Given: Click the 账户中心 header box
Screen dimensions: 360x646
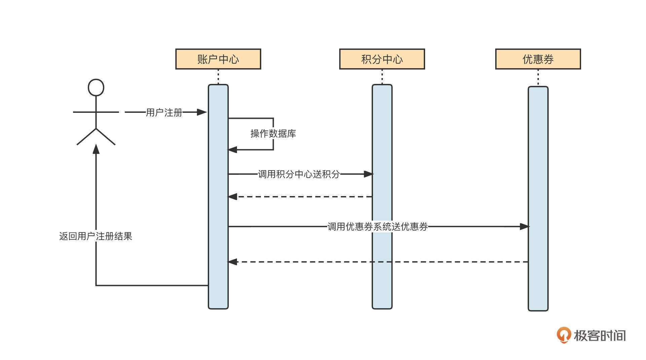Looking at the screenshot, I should click(x=218, y=59).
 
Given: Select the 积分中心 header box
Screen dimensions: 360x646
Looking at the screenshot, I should click(x=382, y=59).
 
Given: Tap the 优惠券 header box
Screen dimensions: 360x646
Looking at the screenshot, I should click(x=538, y=59).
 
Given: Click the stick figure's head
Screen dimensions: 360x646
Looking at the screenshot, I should click(x=96, y=87).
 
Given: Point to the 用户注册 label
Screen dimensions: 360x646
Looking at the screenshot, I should click(x=164, y=112).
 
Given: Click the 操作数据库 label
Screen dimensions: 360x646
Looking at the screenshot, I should click(x=273, y=134).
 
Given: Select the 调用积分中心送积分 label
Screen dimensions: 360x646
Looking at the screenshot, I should click(x=299, y=174).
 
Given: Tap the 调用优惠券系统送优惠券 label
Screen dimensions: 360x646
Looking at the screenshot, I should click(x=378, y=227).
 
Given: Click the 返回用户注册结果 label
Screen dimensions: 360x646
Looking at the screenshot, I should click(x=96, y=236).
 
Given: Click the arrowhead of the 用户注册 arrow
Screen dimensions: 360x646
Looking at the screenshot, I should click(x=202, y=112).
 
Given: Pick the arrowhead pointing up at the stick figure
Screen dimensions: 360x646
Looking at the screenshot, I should click(x=96, y=149).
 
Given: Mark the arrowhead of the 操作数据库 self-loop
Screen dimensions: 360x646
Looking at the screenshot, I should click(x=232, y=150).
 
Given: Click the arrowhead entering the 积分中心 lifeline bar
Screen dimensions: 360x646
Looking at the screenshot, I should click(x=368, y=174).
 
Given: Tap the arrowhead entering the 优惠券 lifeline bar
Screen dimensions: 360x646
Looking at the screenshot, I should click(x=524, y=226).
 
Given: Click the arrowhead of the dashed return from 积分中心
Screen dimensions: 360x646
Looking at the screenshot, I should click(x=232, y=196).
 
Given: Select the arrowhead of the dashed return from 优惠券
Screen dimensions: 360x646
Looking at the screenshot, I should click(x=232, y=262).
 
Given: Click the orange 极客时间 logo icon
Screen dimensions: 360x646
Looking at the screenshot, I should click(x=564, y=335).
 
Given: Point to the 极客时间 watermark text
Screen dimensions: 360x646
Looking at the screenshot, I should click(x=600, y=336).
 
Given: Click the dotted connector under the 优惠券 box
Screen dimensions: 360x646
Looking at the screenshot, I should click(x=538, y=77).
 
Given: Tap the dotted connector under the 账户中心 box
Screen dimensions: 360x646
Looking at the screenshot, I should click(x=218, y=77).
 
